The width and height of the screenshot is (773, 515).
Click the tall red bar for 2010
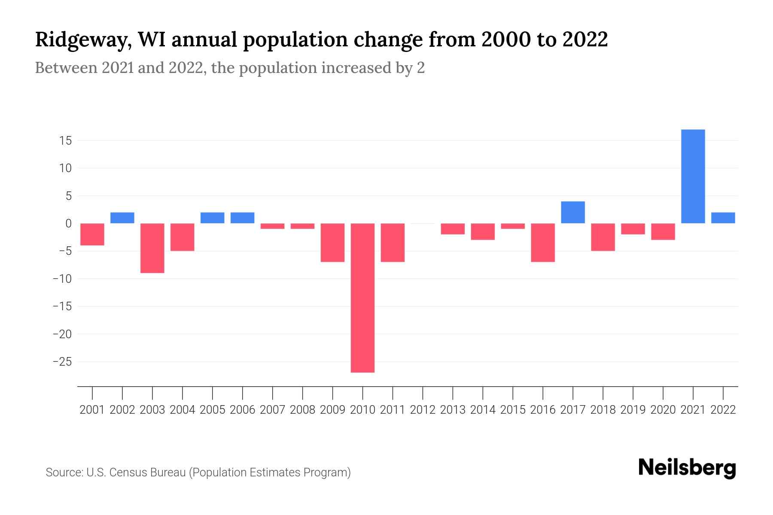(362, 297)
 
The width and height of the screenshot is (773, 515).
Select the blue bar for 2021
(693, 176)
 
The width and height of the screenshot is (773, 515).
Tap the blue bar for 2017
(573, 212)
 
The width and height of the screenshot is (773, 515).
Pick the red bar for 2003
(152, 248)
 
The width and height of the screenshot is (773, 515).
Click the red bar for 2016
(543, 242)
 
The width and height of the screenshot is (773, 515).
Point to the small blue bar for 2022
(723, 218)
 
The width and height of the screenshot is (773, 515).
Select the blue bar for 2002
(122, 218)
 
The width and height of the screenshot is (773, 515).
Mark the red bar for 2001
(92, 234)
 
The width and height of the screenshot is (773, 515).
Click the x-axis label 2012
(423, 410)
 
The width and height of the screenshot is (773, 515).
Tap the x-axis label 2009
(332, 410)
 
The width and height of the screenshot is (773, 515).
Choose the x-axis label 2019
(633, 410)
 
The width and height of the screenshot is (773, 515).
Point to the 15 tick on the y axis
(65, 141)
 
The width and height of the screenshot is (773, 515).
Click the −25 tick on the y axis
(62, 362)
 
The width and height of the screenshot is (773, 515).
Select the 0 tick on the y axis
(68, 224)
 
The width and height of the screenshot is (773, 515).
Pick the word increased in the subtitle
(356, 68)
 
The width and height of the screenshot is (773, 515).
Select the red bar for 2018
(603, 237)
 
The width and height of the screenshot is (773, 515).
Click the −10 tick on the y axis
(62, 279)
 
